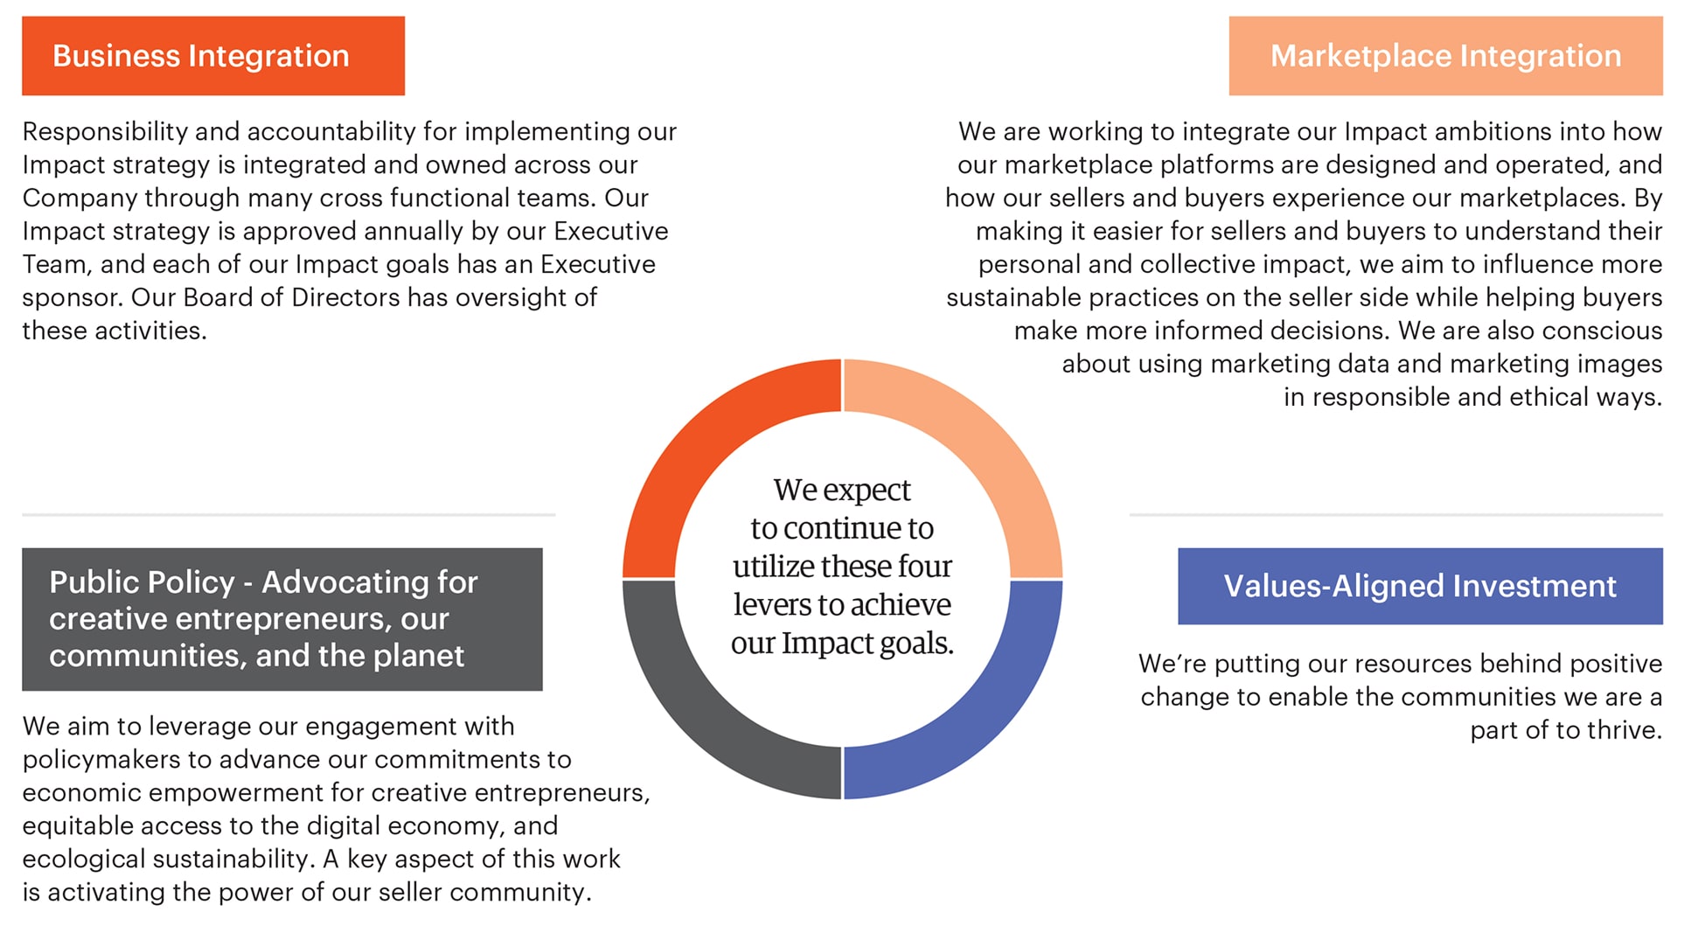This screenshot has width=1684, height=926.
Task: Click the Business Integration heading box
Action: [x=212, y=56]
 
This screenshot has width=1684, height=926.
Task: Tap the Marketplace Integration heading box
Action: [x=1444, y=56]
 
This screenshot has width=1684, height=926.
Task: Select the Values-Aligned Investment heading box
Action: [x=1419, y=586]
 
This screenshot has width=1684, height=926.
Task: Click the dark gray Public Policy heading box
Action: [x=282, y=619]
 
